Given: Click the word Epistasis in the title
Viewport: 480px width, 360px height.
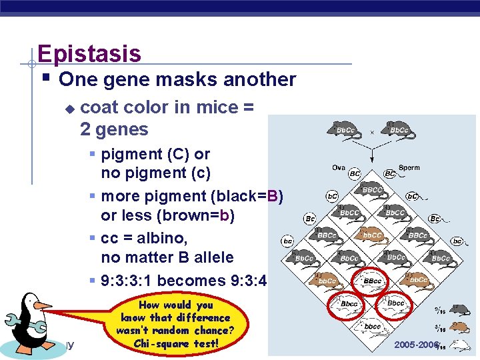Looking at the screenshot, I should (89, 53).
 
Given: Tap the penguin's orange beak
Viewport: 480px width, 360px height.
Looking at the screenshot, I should (42, 306).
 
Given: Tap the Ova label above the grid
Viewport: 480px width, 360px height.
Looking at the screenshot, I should (339, 167).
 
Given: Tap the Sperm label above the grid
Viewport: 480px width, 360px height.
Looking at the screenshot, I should (409, 167).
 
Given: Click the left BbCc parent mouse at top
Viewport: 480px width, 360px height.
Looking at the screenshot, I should (344, 130).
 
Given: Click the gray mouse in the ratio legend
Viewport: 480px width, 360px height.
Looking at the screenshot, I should (459, 309).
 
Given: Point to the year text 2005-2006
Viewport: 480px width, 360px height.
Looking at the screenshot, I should (417, 344).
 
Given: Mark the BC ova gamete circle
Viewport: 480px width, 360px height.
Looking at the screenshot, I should (355, 174).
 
